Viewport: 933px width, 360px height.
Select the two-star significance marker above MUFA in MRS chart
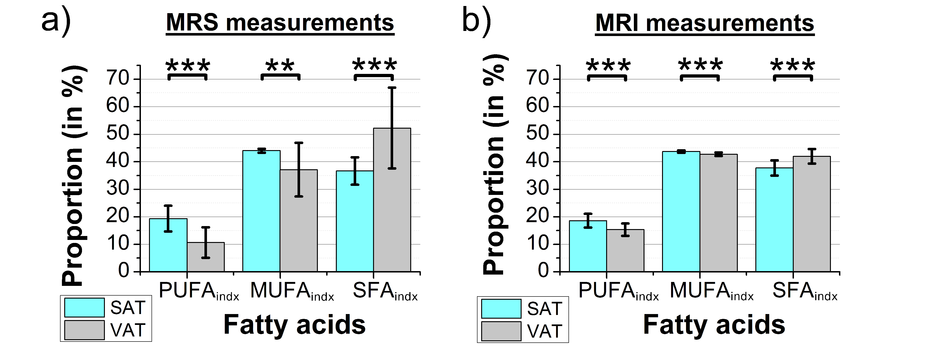pos(280,66)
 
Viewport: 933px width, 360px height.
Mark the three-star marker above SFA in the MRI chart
pos(793,66)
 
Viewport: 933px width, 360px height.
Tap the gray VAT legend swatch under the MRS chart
pos(84,330)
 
